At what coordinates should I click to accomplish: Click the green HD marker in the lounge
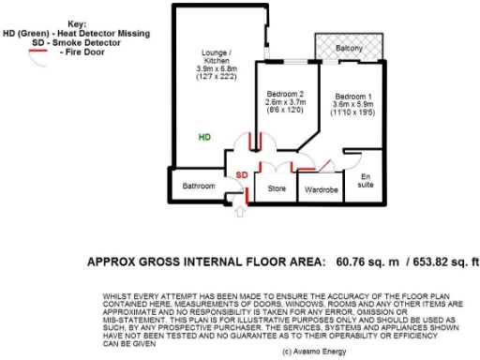click(204, 137)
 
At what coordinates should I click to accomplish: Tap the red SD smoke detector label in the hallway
click(242, 175)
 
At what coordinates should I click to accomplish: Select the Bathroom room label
click(198, 186)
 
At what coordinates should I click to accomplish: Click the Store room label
click(277, 188)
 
